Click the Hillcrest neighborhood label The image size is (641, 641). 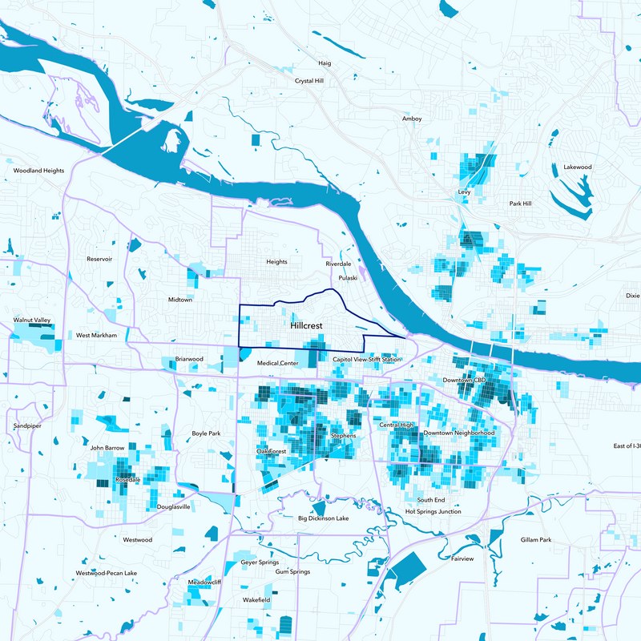click(x=307, y=327)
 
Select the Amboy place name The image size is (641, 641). click(x=412, y=119)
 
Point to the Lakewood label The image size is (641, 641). click(x=577, y=167)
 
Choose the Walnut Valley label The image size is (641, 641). click(x=32, y=320)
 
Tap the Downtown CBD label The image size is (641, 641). click(x=465, y=379)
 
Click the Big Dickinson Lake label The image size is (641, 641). click(x=323, y=518)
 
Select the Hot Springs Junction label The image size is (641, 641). click(x=433, y=511)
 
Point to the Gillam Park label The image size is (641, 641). click(x=536, y=540)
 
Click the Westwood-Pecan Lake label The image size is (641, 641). click(x=107, y=574)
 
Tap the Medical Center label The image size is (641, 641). click(x=278, y=364)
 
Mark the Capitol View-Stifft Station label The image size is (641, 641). click(x=367, y=360)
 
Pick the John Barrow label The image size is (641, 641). click(x=107, y=448)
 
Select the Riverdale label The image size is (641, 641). click(x=338, y=264)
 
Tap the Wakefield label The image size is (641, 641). click(x=256, y=599)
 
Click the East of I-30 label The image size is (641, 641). click(x=626, y=445)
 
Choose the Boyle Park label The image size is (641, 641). click(x=206, y=433)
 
